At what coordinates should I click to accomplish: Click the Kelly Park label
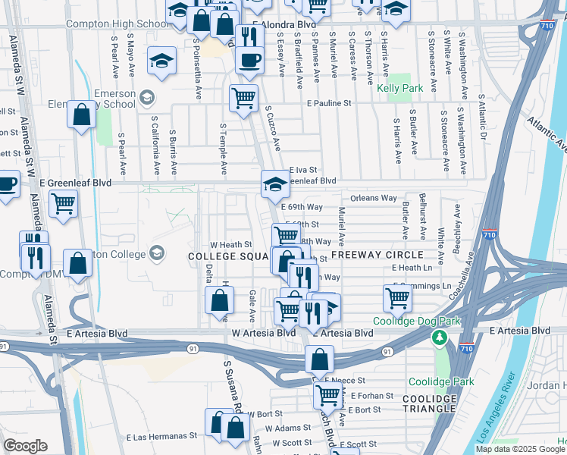pyautogui.click(x=399, y=89)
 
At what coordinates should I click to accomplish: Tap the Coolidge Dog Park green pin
pyautogui.click(x=438, y=336)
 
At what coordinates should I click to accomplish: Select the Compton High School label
pyautogui.click(x=117, y=24)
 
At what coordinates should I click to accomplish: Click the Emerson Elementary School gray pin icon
pyautogui.click(x=146, y=97)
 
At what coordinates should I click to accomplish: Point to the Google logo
pyautogui.click(x=25, y=446)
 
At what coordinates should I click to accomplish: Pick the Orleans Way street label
pyautogui.click(x=374, y=199)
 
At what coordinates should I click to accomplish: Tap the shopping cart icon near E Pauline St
pyautogui.click(x=243, y=98)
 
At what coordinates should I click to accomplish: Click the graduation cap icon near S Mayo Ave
pyautogui.click(x=161, y=61)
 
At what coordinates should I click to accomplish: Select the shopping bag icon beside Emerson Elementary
pyautogui.click(x=82, y=116)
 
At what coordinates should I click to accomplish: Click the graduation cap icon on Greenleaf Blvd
pyautogui.click(x=275, y=183)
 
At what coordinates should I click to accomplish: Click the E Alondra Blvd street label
pyautogui.click(x=283, y=24)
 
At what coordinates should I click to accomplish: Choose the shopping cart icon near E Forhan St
pyautogui.click(x=327, y=394)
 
